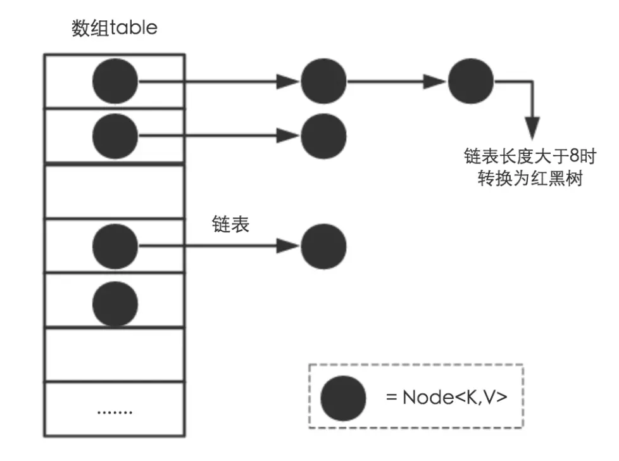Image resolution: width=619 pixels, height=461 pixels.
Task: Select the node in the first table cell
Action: tap(115, 82)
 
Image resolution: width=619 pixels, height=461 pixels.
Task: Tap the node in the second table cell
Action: tap(115, 136)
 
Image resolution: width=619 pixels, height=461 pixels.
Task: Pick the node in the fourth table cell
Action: tap(115, 246)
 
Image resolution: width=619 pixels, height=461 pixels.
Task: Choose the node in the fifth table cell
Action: tap(115, 300)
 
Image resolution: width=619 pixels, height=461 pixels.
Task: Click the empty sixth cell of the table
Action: tap(115, 355)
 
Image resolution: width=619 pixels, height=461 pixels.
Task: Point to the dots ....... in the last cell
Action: tap(115, 410)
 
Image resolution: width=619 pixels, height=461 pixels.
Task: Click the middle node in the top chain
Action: tap(323, 82)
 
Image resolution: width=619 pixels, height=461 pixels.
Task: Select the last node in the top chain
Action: tap(470, 82)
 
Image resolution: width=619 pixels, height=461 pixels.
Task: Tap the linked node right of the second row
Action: tap(323, 136)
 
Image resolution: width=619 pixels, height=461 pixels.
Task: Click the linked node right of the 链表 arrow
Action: tap(323, 246)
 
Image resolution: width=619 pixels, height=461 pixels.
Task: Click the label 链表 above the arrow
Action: tap(230, 225)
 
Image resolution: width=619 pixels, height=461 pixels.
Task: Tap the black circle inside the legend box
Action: tap(343, 399)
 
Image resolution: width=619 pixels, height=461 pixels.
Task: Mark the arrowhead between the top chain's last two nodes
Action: tap(436, 82)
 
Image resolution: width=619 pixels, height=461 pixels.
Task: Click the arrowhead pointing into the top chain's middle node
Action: tap(289, 82)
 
